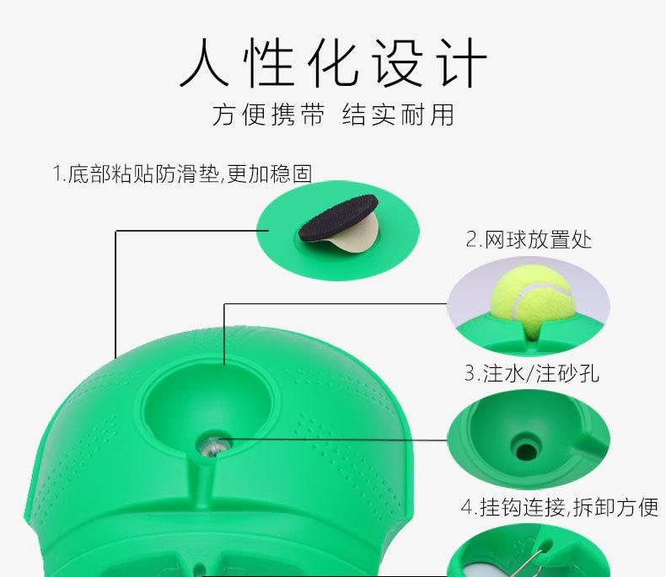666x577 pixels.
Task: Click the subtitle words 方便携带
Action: pos(267,115)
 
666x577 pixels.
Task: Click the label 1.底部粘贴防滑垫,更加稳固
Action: pos(182,174)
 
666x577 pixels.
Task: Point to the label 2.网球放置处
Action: pos(529,240)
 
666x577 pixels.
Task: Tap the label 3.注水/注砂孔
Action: pos(531,372)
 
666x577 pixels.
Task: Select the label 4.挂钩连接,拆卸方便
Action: pos(558,507)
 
